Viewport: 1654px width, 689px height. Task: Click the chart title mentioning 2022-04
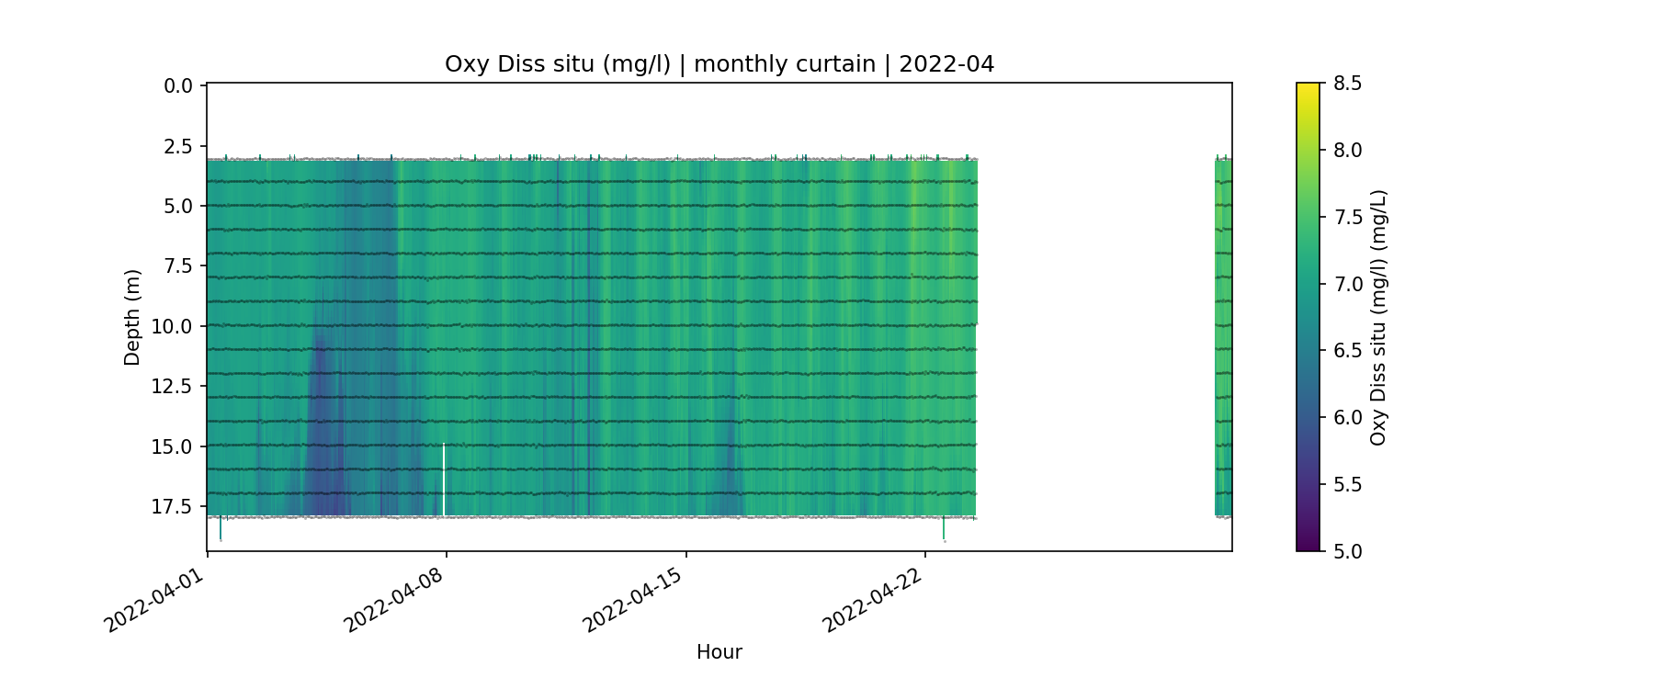pyautogui.click(x=719, y=64)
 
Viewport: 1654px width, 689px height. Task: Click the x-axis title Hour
pyautogui.click(x=719, y=652)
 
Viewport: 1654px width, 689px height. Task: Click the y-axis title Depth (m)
pyautogui.click(x=132, y=317)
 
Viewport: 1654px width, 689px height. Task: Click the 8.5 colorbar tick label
pyautogui.click(x=1347, y=84)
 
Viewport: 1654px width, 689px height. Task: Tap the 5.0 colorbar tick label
pyautogui.click(x=1347, y=551)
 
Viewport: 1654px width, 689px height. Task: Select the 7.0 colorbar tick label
pyautogui.click(x=1347, y=284)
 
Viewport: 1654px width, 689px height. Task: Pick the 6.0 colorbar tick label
pyautogui.click(x=1347, y=417)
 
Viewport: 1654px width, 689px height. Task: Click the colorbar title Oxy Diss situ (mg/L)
pyautogui.click(x=1377, y=317)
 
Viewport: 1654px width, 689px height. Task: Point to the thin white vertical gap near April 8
pyautogui.click(x=444, y=480)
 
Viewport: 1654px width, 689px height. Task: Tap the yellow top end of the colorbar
pyautogui.click(x=1308, y=89)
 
